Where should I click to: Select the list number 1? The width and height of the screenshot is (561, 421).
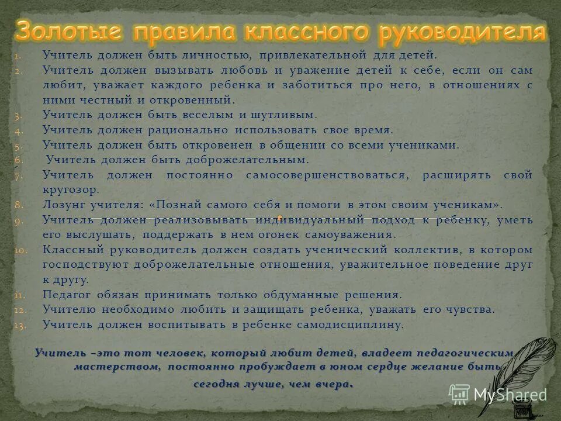pyautogui.click(x=17, y=57)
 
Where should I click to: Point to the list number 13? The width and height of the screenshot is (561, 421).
pyautogui.click(x=20, y=325)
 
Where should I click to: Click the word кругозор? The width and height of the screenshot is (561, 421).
pyautogui.click(x=71, y=190)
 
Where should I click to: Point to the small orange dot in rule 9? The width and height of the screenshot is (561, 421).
pyautogui.click(x=280, y=218)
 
